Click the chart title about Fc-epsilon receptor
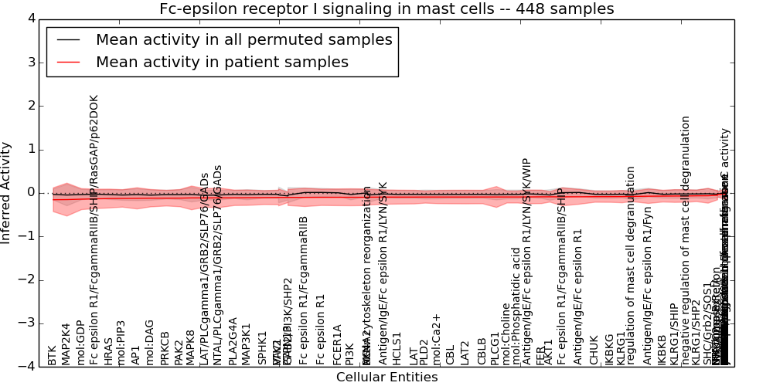coord(386,9)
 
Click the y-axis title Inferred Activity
coord(6,192)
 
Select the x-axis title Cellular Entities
coord(386,378)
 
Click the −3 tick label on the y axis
coord(28,323)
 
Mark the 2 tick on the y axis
coord(31,106)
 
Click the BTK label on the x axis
coord(53,355)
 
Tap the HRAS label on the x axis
coord(108,350)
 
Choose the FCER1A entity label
coord(337,344)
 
